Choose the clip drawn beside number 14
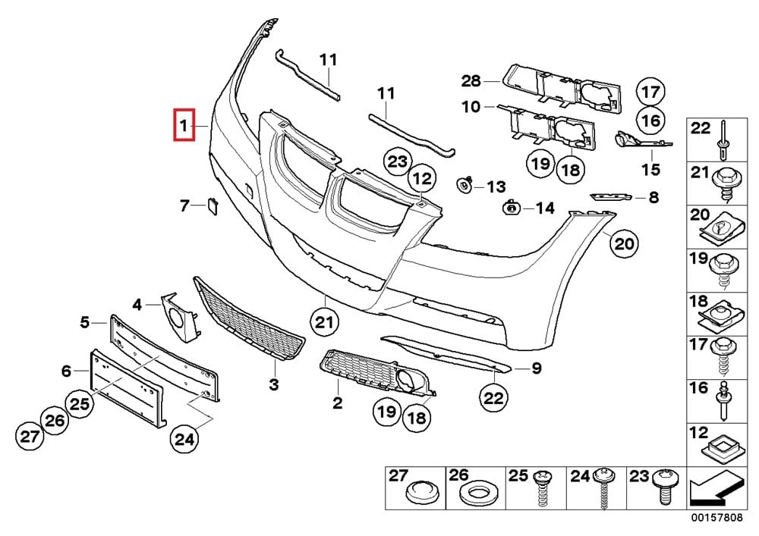tap(512, 207)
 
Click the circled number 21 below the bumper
tap(325, 322)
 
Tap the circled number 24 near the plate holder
tap(184, 437)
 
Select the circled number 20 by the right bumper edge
tap(622, 243)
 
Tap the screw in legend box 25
tap(543, 490)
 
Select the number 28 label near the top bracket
tap(471, 81)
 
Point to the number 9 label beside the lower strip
tap(536, 369)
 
